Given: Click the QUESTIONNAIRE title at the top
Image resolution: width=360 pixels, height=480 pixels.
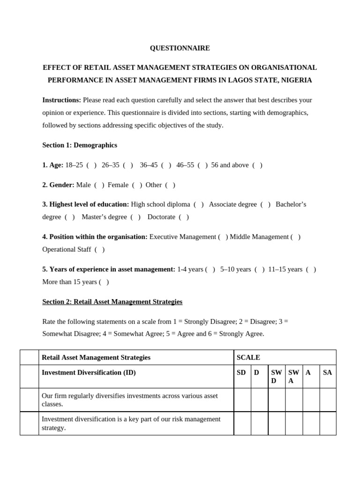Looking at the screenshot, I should coord(180,48).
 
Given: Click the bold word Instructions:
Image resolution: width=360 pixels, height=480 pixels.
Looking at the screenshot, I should coord(61,100).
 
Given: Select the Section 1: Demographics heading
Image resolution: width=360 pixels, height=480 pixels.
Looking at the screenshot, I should coord(80,145).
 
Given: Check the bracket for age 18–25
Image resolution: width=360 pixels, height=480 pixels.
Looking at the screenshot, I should coord(91,165).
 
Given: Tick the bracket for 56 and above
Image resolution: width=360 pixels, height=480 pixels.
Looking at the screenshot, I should coord(257,165).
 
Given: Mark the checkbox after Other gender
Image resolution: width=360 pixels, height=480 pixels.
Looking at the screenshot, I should coord(170,185).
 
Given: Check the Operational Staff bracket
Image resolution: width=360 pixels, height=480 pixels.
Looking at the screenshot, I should coord(99,249).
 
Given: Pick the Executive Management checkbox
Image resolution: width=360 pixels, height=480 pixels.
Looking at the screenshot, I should coord(223,237).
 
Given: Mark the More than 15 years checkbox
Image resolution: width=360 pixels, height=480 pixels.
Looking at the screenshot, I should coord(104,282).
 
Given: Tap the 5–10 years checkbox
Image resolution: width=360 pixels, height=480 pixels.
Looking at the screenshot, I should coord(260,269).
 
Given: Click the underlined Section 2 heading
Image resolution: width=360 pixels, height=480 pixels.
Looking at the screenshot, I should coord(112,301).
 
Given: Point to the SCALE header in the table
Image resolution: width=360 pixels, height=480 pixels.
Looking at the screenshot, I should coord(248,357).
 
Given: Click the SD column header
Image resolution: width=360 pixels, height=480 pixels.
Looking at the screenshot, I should coord(241,372).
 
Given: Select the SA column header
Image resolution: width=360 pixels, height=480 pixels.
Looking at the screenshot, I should coord(328,372).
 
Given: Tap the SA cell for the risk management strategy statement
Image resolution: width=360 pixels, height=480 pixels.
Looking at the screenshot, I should coord(328,423).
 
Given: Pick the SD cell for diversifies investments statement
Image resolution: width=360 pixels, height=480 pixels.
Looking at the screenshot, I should coord(242,400).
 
